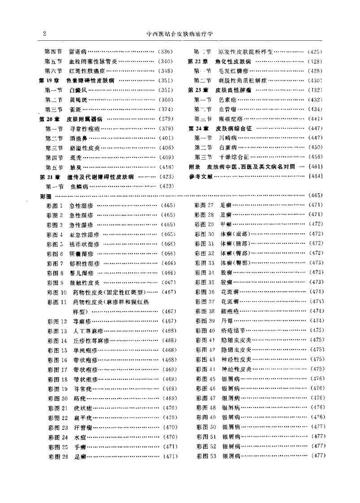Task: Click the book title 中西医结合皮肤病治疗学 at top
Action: pos(179,33)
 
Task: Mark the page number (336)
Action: pos(166,52)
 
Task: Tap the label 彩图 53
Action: pos(206,456)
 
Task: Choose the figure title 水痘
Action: pos(79,437)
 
